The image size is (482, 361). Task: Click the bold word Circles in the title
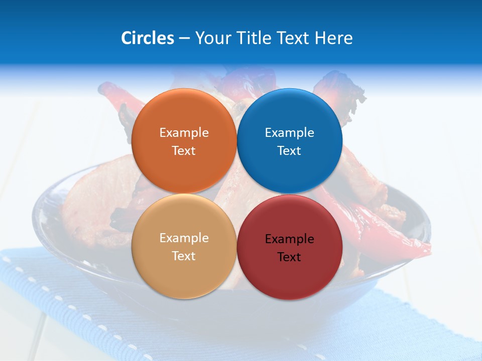pos(148,38)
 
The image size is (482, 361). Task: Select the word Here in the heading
pos(333,38)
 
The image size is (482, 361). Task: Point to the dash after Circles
pos(184,39)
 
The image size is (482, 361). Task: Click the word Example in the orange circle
pos(184,132)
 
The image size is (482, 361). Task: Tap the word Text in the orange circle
pos(184,150)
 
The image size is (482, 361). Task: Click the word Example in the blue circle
pos(289,132)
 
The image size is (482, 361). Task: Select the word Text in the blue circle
pos(289,150)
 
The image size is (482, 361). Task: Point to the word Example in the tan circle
pos(184,238)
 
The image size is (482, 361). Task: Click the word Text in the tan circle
pos(184,256)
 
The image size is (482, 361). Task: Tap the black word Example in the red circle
pos(289,239)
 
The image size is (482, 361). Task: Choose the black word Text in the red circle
pos(289,257)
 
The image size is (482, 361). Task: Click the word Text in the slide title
pos(293,38)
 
